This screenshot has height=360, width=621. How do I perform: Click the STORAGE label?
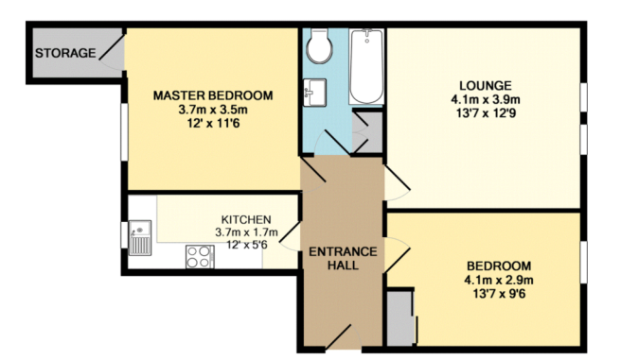pos(65,53)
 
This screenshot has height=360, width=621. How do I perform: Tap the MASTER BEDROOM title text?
pos(213,95)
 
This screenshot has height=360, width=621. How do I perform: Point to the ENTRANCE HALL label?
pos(342,258)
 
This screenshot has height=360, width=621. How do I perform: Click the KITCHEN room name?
pos(246,219)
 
